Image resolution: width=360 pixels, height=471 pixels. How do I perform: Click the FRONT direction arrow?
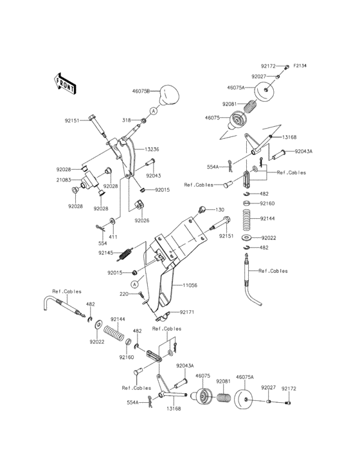pyautogui.click(x=65, y=82)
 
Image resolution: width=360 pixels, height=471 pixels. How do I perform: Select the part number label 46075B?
pyautogui.click(x=141, y=92)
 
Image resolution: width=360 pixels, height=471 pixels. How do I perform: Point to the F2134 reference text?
pyautogui.click(x=301, y=66)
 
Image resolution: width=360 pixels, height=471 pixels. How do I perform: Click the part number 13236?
pyautogui.click(x=152, y=149)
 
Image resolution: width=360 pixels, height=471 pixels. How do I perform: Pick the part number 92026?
pyautogui.click(x=142, y=220)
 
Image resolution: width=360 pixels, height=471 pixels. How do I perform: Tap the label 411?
pyautogui.click(x=113, y=237)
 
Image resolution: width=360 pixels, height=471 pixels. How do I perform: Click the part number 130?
pyautogui.click(x=220, y=210)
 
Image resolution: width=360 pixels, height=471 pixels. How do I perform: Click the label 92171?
pyautogui.click(x=187, y=311)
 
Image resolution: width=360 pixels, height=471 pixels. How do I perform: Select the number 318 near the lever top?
pyautogui.click(x=129, y=120)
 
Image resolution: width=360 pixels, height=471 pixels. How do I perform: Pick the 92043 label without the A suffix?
pyautogui.click(x=153, y=175)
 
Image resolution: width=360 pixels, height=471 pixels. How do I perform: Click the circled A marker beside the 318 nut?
pyautogui.click(x=155, y=111)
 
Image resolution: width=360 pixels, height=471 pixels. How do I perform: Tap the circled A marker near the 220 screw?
pyautogui.click(x=135, y=284)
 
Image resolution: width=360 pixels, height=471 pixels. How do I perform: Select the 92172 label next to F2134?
pyautogui.click(x=269, y=66)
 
